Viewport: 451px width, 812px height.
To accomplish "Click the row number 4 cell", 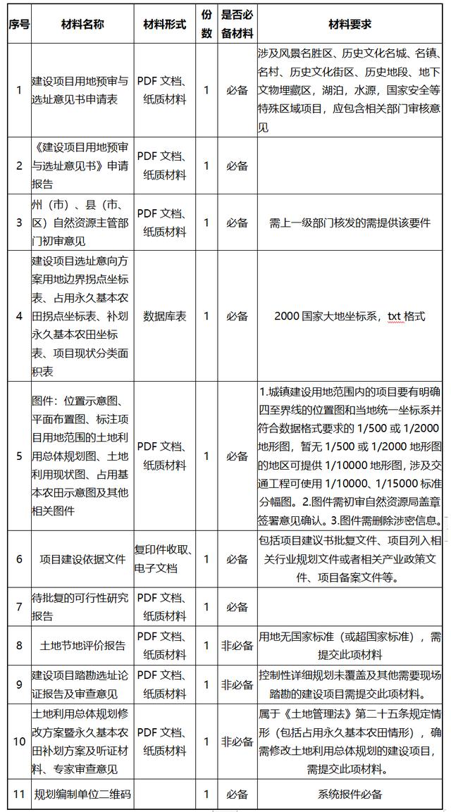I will pos(19,316).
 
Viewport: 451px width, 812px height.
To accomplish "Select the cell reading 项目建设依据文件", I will pos(81,558).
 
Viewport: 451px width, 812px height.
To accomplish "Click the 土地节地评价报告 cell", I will pos(81,645).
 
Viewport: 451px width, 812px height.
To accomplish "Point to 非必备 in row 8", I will pos(237,645).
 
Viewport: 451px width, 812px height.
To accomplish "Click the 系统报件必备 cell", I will pos(350,794).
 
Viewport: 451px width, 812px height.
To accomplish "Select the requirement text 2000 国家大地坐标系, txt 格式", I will pos(350,316).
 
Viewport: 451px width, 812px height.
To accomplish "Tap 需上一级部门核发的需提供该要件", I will pos(350,223).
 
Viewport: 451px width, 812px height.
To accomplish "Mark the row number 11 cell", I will pos(19,794).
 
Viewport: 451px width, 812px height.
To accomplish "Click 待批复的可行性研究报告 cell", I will pos(81,606).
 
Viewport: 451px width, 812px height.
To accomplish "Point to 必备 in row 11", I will pos(237,794).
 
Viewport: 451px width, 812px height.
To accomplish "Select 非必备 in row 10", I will pos(237,741).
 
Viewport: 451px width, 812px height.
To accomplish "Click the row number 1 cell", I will pos(19,90).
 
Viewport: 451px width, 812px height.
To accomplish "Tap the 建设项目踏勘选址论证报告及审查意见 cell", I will pos(81,684).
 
